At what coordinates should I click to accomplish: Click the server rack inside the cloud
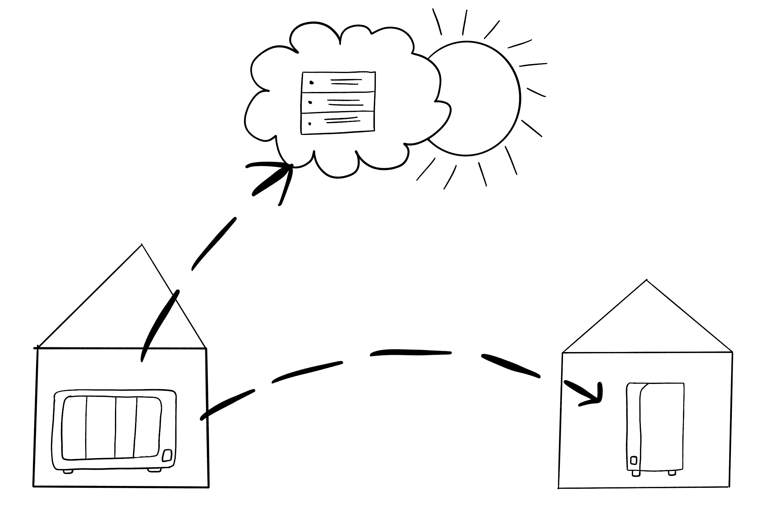pyautogui.click(x=338, y=103)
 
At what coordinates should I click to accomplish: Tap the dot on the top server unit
pyautogui.click(x=311, y=83)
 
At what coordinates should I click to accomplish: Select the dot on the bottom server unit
pyautogui.click(x=310, y=124)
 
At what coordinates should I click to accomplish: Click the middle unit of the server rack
pyautogui.click(x=338, y=102)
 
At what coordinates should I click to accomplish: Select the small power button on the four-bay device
pyautogui.click(x=167, y=456)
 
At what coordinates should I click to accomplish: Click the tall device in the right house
pyautogui.click(x=655, y=427)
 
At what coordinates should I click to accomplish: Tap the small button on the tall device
pyautogui.click(x=634, y=460)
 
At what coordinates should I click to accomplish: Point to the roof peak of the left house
pyautogui.click(x=142, y=245)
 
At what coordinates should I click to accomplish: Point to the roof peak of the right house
pyautogui.click(x=647, y=280)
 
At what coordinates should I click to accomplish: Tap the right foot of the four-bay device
pyautogui.click(x=154, y=470)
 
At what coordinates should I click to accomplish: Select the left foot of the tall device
pyautogui.click(x=636, y=473)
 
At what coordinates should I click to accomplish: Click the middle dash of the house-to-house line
pyautogui.click(x=410, y=353)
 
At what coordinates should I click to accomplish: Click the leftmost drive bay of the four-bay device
pyautogui.click(x=74, y=428)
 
